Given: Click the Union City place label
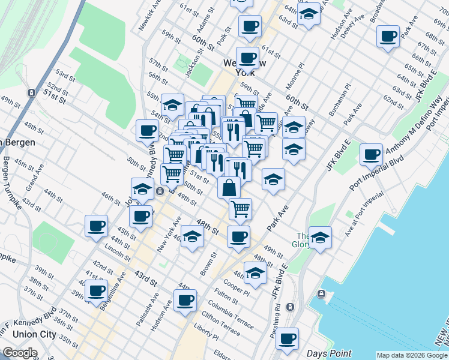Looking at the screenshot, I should point(25,334).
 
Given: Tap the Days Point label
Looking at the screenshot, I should point(325,353).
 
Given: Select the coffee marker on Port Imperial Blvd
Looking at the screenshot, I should point(372,155).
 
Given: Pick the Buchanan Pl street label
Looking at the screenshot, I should point(343,100).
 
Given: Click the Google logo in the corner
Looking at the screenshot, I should point(20,353).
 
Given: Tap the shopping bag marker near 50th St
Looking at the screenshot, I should point(229,187).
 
